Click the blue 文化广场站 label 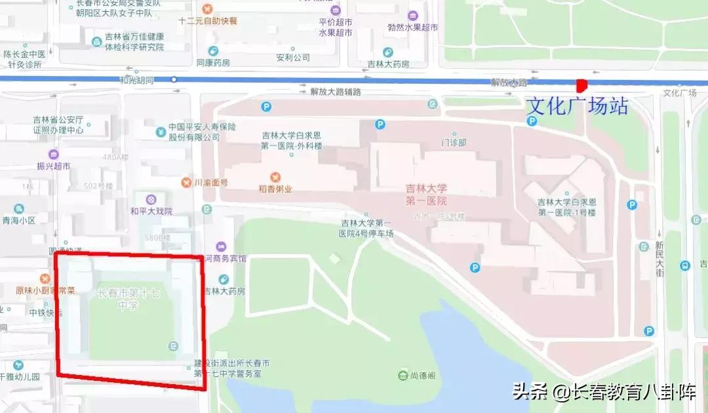[578, 106]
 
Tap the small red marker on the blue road [581, 85]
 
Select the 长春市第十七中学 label [128, 299]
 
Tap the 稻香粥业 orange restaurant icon [275, 177]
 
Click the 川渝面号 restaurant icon [187, 182]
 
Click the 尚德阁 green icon [403, 376]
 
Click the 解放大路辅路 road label [336, 92]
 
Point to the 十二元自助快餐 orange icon [208, 9]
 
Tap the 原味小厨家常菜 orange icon [45, 278]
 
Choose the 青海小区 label [18, 221]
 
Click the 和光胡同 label [136, 80]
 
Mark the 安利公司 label [292, 58]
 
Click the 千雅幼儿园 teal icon [18, 365]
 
